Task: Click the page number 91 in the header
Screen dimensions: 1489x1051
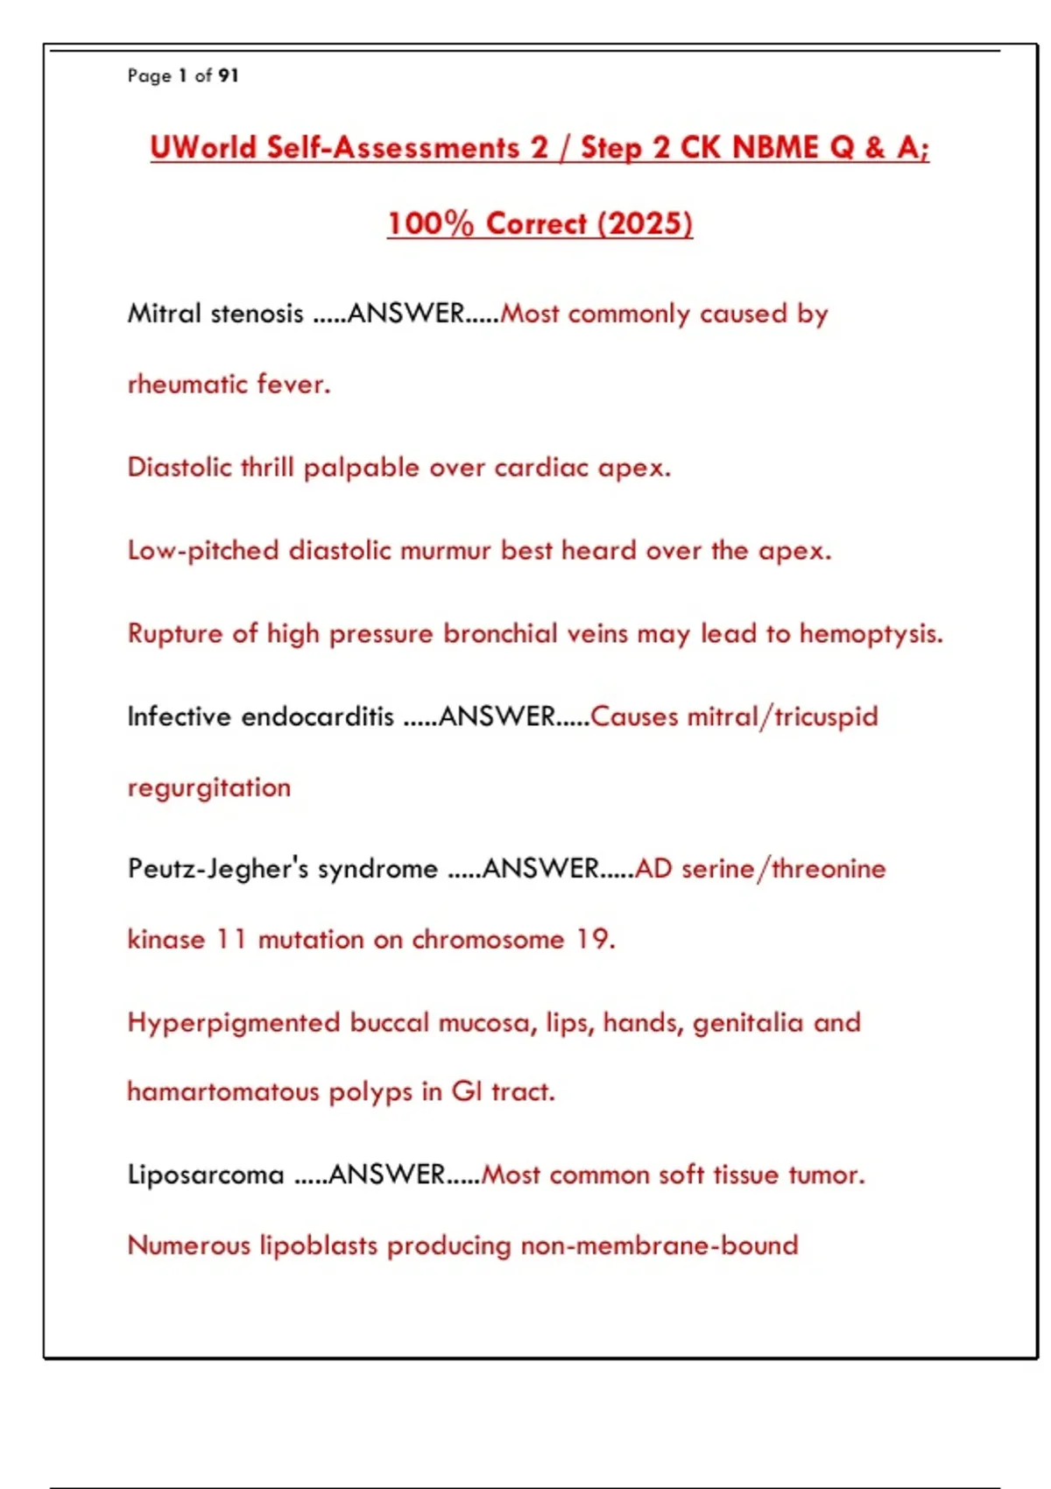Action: (x=228, y=76)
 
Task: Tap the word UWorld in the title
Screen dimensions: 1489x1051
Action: (x=203, y=147)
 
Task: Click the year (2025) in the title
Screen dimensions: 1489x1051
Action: (x=645, y=223)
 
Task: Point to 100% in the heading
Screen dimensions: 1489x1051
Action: (x=430, y=223)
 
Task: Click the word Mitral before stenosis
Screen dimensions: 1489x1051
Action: (x=165, y=314)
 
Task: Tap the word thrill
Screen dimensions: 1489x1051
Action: (x=267, y=467)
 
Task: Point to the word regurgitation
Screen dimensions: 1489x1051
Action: (x=209, y=787)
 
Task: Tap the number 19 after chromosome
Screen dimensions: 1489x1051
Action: (x=592, y=939)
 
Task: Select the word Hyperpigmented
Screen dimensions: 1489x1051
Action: (x=234, y=1023)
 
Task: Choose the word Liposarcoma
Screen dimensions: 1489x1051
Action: (x=206, y=1175)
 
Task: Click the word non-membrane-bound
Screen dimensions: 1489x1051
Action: (x=660, y=1245)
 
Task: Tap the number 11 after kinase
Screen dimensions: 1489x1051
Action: (x=230, y=939)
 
